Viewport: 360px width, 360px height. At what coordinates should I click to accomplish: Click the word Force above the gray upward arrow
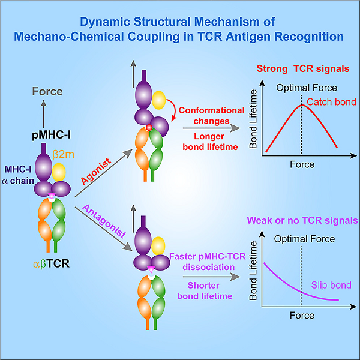47,92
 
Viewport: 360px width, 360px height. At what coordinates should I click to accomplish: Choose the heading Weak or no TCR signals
308,220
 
